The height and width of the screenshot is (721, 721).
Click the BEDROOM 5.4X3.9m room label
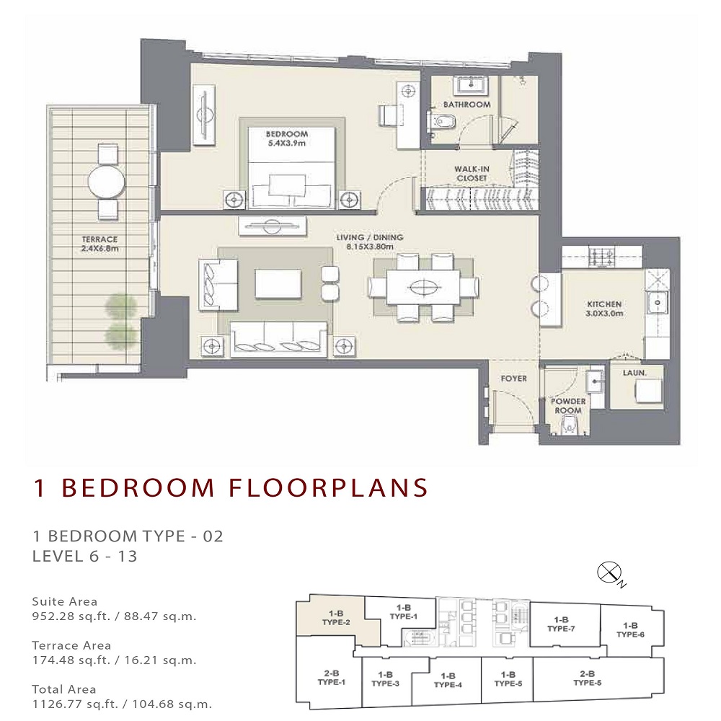286,138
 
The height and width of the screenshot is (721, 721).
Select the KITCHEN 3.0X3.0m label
603,309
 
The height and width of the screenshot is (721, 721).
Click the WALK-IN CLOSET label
472,173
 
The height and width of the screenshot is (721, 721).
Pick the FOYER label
513,379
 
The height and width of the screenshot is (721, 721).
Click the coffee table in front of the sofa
278,284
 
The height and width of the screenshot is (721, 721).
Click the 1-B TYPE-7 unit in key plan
560,624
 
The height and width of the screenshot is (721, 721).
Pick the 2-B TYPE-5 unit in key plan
586,678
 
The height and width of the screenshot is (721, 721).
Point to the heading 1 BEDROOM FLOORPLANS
231,488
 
